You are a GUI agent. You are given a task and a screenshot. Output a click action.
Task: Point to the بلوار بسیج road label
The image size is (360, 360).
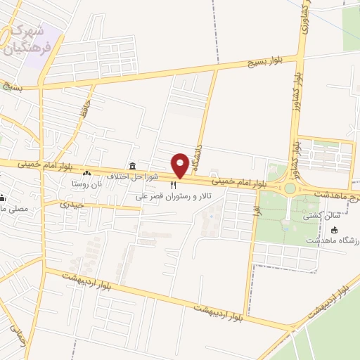coord(261,63)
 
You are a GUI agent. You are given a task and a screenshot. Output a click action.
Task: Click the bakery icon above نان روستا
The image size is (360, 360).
coord(86,174)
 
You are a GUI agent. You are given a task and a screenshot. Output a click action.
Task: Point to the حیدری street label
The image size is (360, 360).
coord(71,205)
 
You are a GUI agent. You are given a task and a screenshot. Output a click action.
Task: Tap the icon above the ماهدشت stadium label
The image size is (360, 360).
coord(334,230)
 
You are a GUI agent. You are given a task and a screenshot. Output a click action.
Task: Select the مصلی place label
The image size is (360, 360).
coord(13,209)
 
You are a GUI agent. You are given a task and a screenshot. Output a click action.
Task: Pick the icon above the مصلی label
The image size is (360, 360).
coord(2,198)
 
